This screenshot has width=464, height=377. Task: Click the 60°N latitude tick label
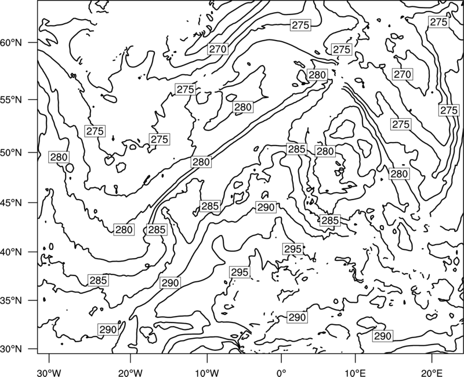tap(11, 43)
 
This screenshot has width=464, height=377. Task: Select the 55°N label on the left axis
tap(11, 99)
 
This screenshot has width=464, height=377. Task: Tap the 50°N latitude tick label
tap(11, 153)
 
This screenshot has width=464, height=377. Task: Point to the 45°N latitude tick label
tap(11, 202)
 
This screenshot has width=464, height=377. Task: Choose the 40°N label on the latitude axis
tap(11, 252)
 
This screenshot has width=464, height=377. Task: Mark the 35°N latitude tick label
tap(11, 300)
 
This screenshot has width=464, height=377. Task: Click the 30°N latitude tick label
tap(11, 349)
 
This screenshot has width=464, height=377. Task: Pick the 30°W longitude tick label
tap(49, 371)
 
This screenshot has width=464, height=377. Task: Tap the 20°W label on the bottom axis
tap(130, 371)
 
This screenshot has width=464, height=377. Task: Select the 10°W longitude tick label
tap(207, 371)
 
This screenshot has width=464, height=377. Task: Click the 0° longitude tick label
tap(281, 371)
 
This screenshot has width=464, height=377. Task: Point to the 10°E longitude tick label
tap(355, 371)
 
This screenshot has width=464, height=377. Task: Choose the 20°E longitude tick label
tap(432, 371)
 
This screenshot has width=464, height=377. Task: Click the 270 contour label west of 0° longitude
tap(218, 49)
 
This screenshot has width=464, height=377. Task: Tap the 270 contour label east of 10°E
tap(403, 74)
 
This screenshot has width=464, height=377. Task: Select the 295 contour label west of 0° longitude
tap(240, 272)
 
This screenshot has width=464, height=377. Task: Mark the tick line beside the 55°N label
tap(32, 99)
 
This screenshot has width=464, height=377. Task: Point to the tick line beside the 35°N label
tap(32, 300)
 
